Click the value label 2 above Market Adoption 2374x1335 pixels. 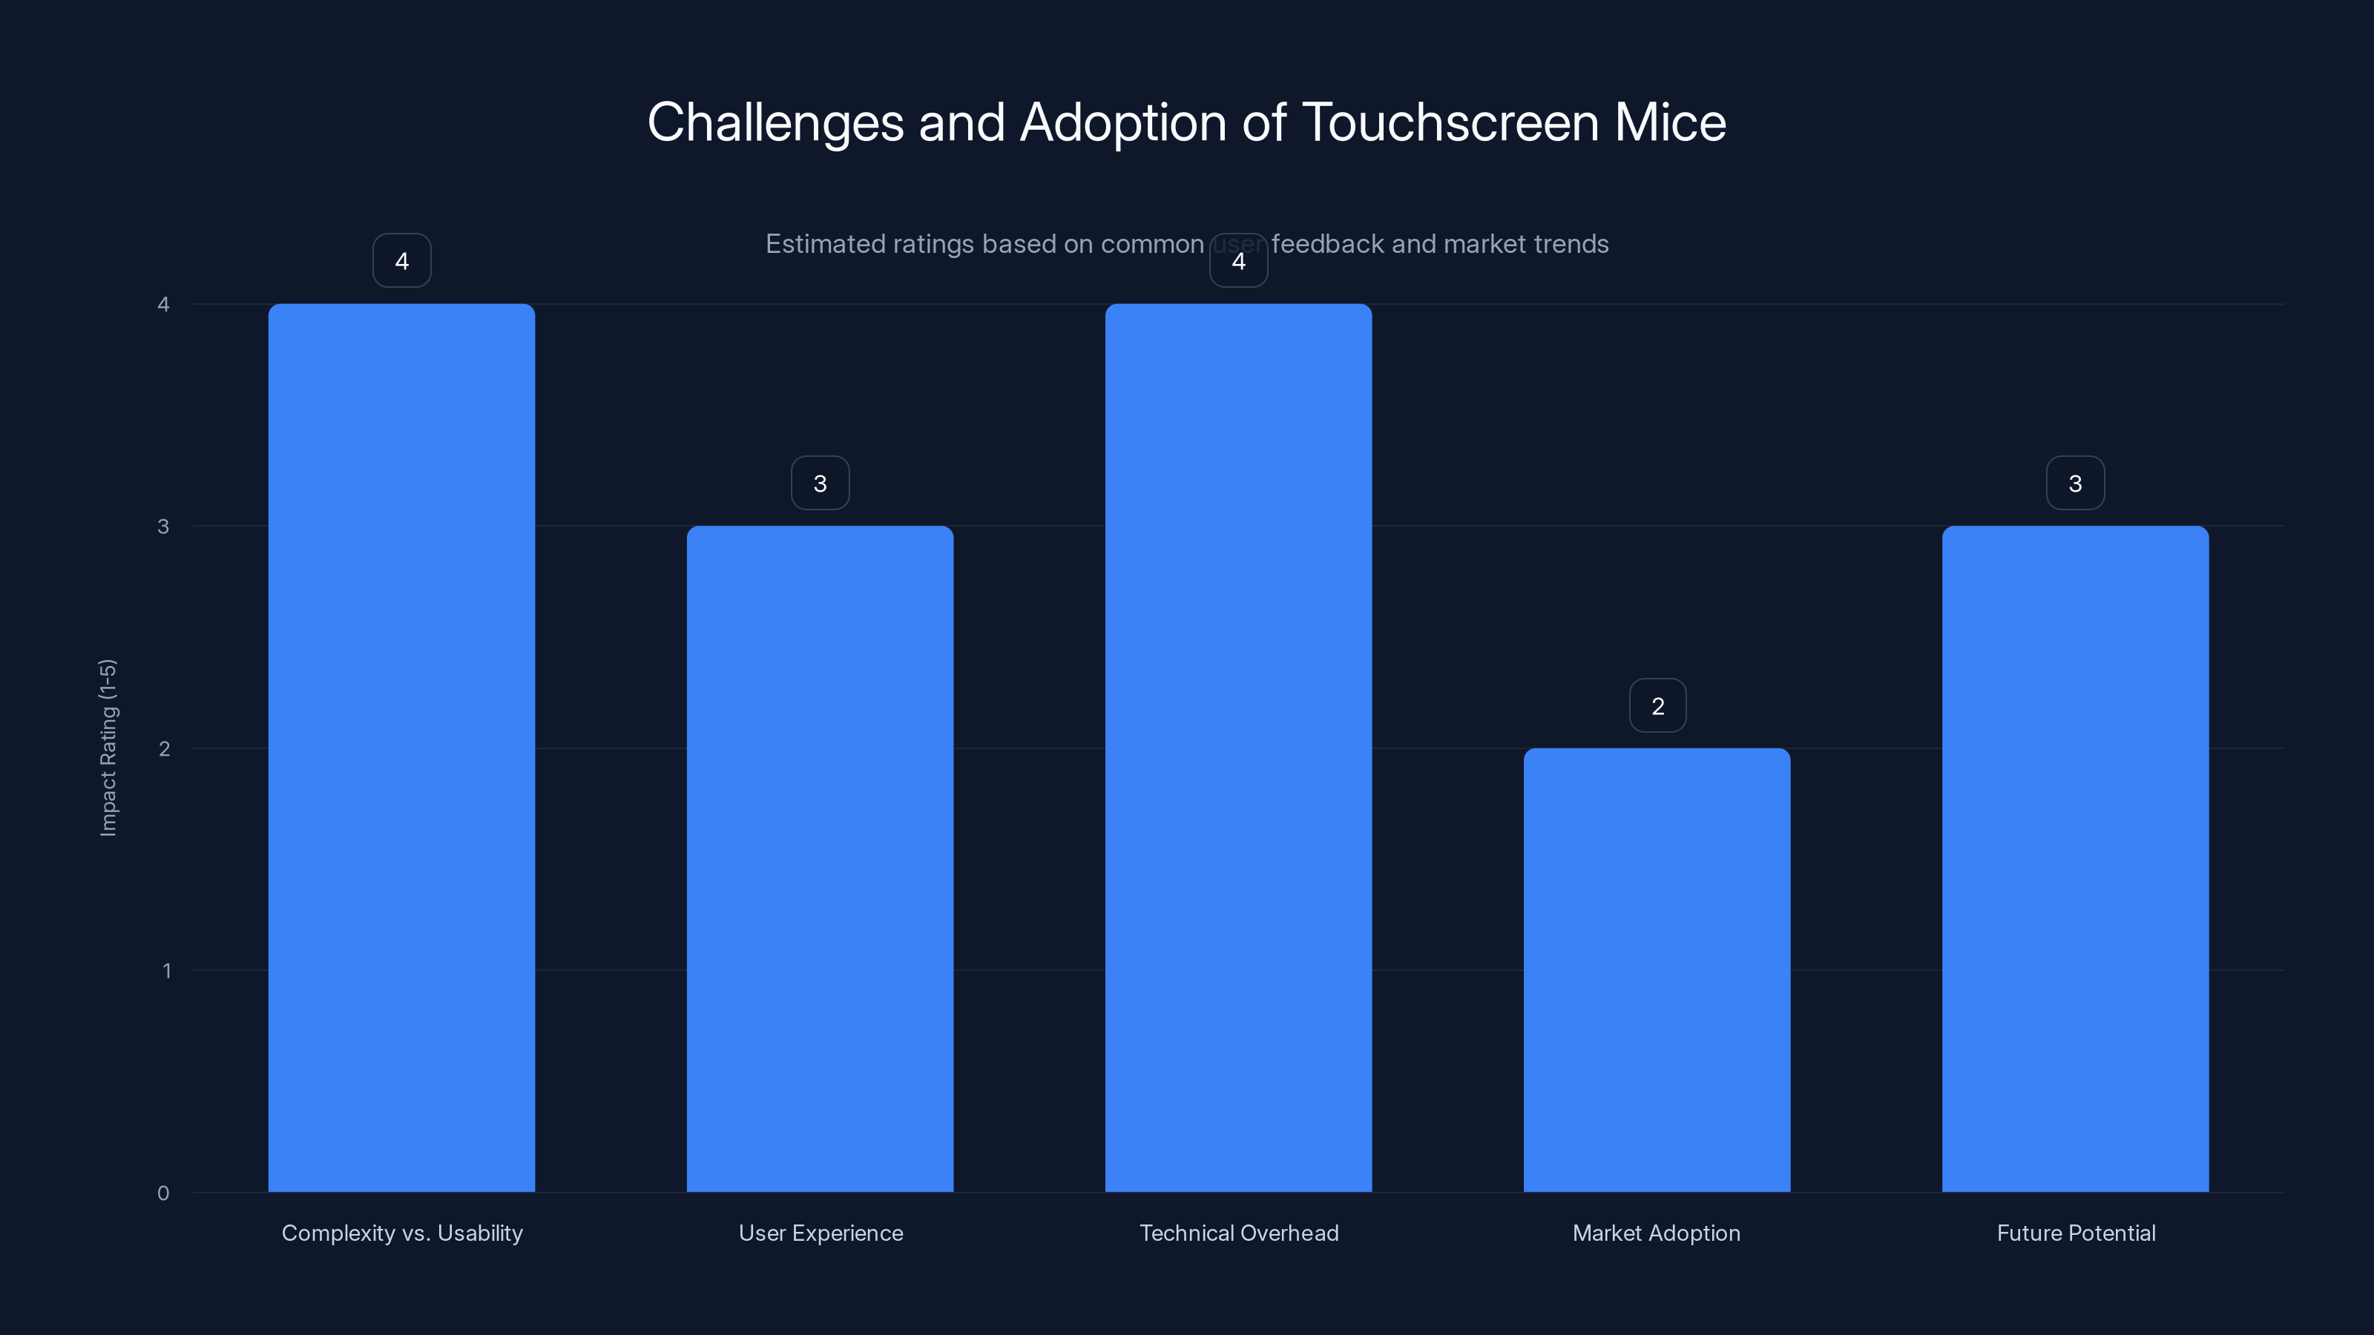click(x=1657, y=706)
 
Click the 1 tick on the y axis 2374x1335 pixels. click(x=167, y=970)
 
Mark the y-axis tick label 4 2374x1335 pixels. click(x=163, y=304)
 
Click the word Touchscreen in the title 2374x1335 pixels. click(x=1450, y=122)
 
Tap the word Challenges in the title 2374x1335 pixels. click(x=775, y=122)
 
